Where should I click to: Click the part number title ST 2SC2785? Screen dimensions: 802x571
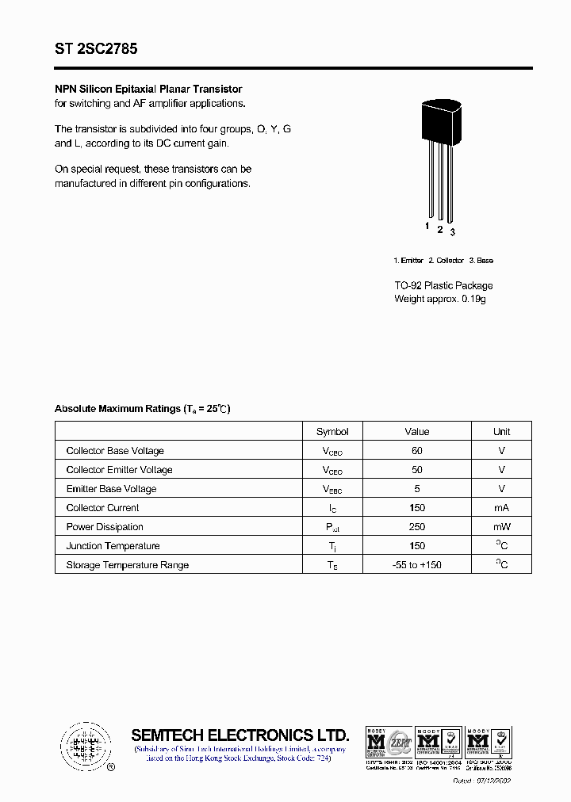click(96, 49)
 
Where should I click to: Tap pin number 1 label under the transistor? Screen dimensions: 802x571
click(427, 227)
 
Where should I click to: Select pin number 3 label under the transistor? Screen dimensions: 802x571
click(452, 232)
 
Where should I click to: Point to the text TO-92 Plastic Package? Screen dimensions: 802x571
click(443, 285)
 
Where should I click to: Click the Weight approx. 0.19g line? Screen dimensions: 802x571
click(440, 299)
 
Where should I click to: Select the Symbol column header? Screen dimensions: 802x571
click(332, 432)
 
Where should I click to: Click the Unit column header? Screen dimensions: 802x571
click(501, 432)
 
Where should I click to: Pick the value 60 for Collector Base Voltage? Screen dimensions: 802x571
click(417, 451)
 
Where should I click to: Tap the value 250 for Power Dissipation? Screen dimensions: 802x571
click(417, 527)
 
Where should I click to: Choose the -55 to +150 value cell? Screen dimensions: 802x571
click(417, 565)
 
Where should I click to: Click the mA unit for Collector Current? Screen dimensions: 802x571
click(501, 508)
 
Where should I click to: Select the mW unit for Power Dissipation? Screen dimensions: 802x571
click(501, 527)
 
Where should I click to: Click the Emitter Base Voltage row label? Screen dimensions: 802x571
click(111, 489)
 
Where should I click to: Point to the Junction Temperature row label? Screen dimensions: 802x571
click(113, 546)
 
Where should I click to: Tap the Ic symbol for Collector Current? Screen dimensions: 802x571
click(332, 508)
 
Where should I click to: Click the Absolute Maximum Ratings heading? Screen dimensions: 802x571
click(142, 409)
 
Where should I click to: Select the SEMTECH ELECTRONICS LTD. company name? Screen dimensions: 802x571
click(240, 735)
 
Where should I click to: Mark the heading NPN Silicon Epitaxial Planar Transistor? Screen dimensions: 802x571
click(148, 90)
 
